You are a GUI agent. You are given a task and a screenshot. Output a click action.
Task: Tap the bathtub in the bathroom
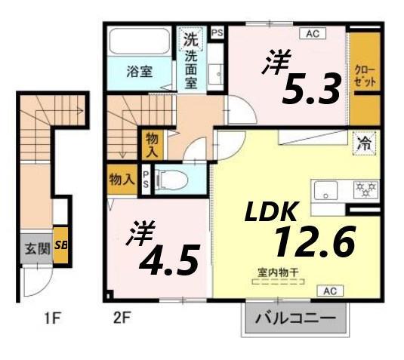(140, 41)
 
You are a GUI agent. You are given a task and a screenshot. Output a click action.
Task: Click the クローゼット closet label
(364, 75)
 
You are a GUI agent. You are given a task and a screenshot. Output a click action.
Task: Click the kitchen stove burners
(366, 187)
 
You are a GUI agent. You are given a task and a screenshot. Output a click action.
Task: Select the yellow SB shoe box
(61, 246)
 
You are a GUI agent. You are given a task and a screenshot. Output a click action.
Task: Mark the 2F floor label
(122, 318)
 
